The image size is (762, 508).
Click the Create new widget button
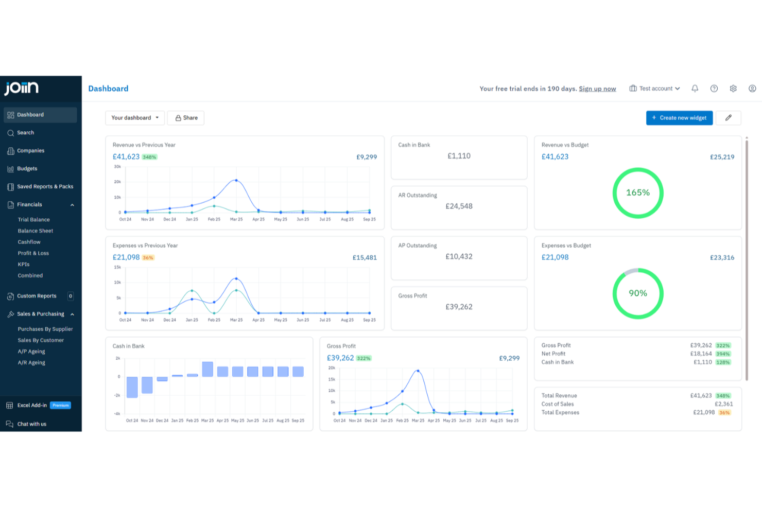click(679, 118)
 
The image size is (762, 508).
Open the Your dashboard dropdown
click(135, 118)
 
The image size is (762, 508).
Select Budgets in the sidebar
click(27, 169)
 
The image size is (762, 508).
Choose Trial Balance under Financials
click(34, 220)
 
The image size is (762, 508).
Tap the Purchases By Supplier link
click(45, 329)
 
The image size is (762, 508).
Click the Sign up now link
click(597, 89)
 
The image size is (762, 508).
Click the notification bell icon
click(695, 89)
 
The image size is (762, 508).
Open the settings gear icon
click(733, 89)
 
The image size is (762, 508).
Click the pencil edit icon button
click(728, 118)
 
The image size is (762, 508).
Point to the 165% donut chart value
click(638, 192)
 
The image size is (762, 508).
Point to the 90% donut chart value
click(638, 293)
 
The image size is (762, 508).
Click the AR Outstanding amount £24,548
click(459, 206)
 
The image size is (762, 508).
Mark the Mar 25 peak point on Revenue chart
click(236, 180)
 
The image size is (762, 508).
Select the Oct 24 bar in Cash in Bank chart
click(132, 387)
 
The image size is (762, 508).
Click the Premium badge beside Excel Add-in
click(61, 406)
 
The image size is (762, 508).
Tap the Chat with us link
click(32, 424)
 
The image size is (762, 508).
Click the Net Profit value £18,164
click(701, 354)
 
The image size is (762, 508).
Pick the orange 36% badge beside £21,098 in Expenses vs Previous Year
click(148, 258)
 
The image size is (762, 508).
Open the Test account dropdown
click(655, 89)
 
